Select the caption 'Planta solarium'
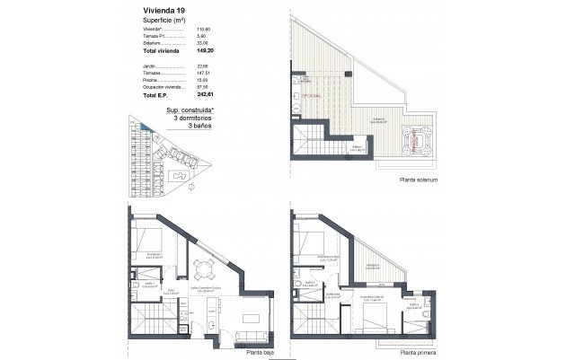[x=419, y=180]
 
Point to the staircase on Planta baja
[x=147, y=319]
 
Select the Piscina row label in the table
[x=149, y=80]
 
